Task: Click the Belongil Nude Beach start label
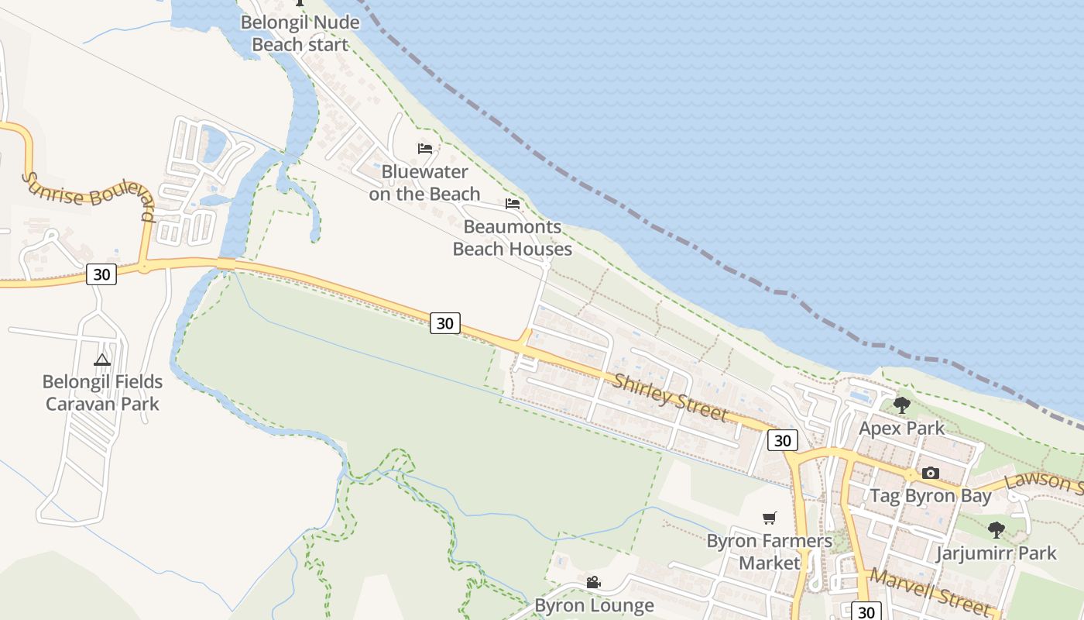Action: (300, 33)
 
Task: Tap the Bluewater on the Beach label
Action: (424, 183)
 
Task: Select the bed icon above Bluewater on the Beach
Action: (424, 148)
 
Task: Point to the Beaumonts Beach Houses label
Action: (512, 238)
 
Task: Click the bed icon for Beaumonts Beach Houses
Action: (512, 204)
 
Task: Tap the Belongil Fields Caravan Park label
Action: (102, 392)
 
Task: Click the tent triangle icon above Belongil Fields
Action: (102, 360)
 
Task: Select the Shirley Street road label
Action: (671, 398)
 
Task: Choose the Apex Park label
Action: (901, 428)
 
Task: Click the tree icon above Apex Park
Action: (901, 405)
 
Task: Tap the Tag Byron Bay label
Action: (931, 496)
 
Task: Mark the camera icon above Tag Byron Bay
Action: (931, 473)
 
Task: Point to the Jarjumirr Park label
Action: (996, 553)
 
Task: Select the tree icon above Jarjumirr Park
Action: (997, 530)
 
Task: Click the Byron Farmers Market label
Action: (769, 552)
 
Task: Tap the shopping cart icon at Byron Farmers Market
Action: (769, 518)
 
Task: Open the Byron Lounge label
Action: (594, 605)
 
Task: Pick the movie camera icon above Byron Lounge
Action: (593, 582)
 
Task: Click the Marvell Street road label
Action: (929, 591)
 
